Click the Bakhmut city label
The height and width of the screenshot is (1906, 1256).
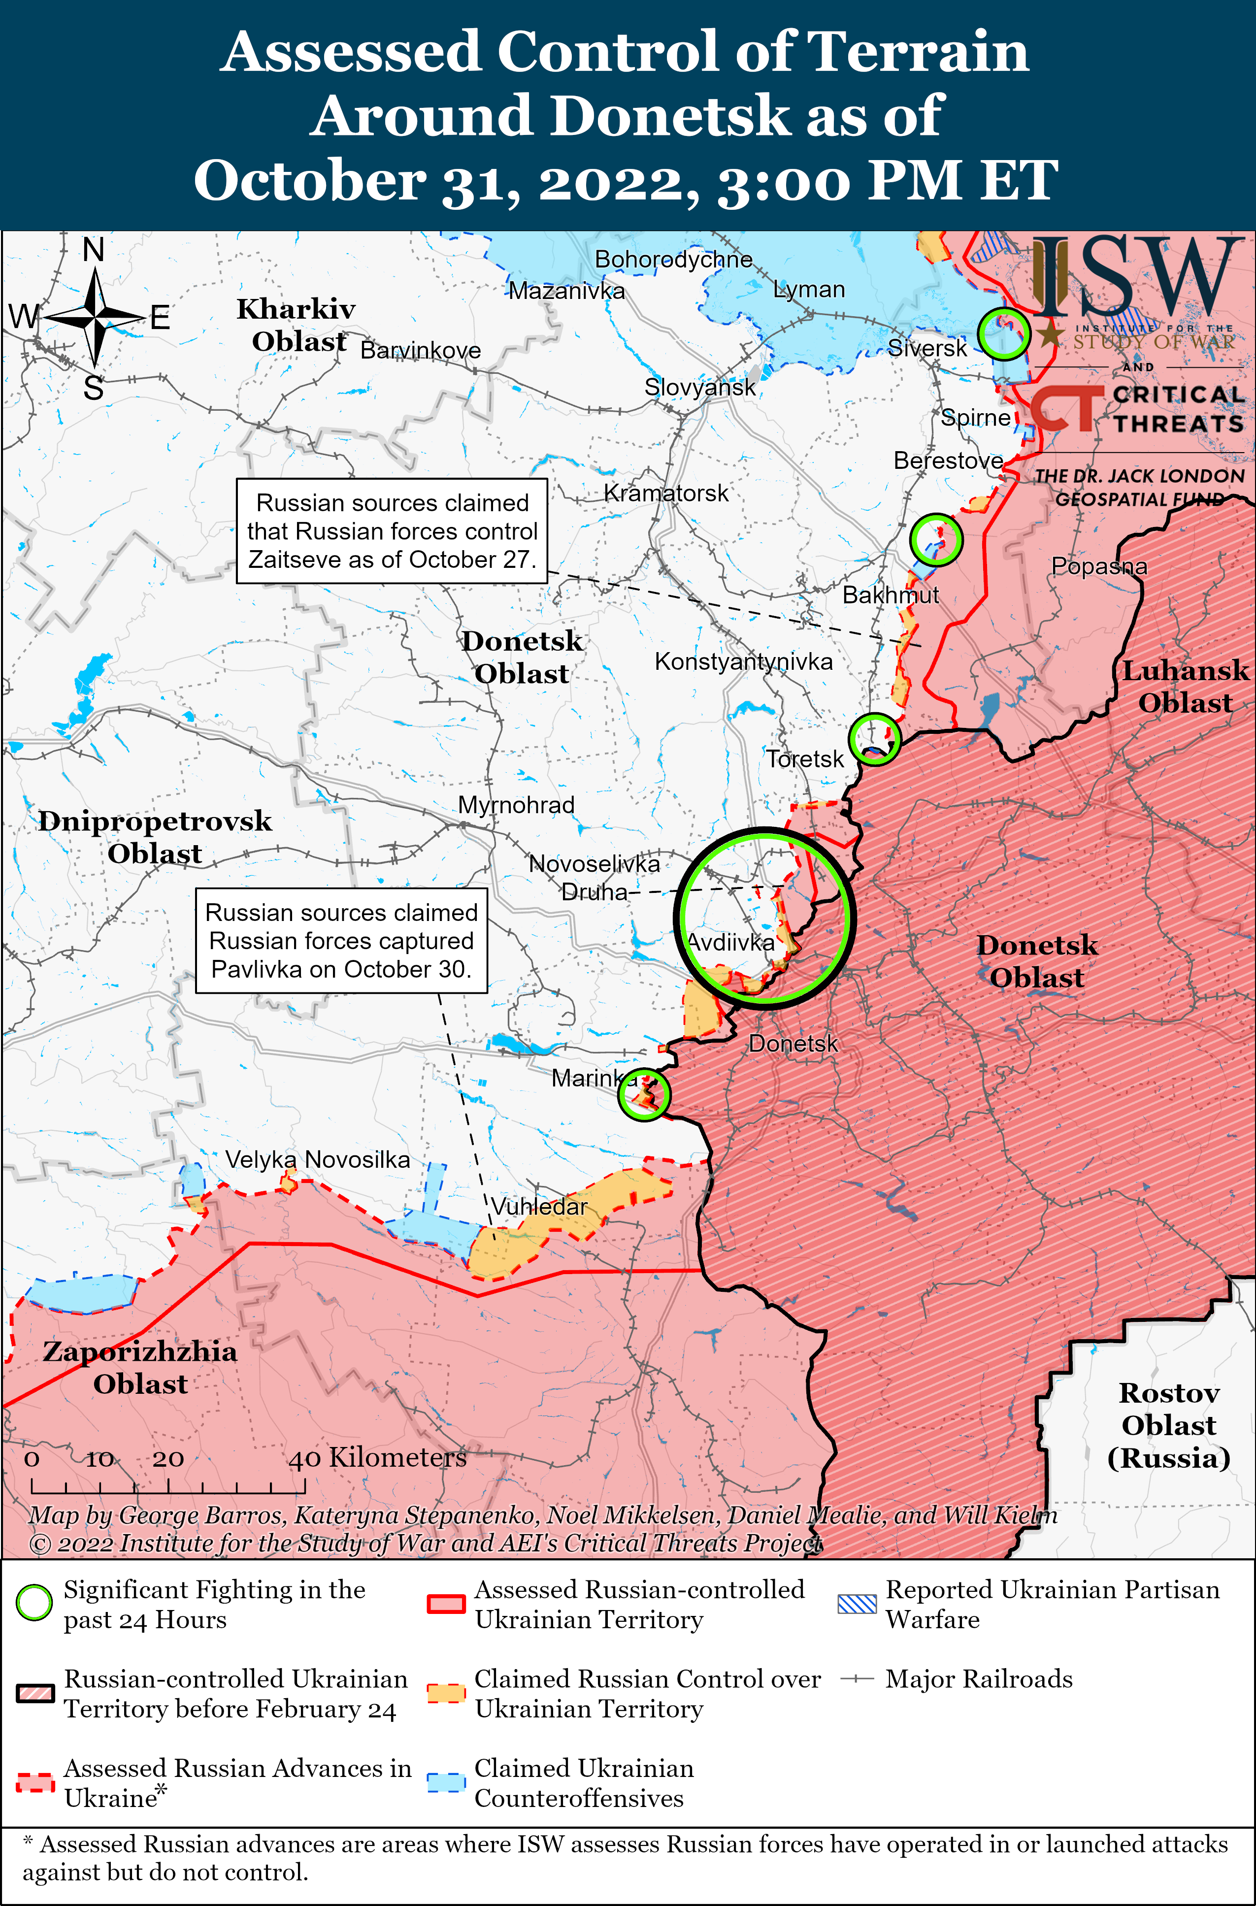pyautogui.click(x=890, y=595)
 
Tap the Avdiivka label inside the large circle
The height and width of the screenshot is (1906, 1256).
pyautogui.click(x=730, y=943)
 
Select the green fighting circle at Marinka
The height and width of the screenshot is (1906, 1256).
pyautogui.click(x=644, y=1094)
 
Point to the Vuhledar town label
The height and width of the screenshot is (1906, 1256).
pyautogui.click(x=539, y=1206)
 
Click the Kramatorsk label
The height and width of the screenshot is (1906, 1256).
pyautogui.click(x=665, y=493)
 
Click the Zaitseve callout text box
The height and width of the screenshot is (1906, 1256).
pyautogui.click(x=392, y=531)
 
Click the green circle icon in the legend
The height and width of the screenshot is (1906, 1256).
pyautogui.click(x=34, y=1603)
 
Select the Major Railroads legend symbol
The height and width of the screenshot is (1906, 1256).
pyautogui.click(x=856, y=1678)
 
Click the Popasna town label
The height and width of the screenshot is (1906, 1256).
pyautogui.click(x=1099, y=566)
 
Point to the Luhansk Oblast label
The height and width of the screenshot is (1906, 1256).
pyautogui.click(x=1185, y=687)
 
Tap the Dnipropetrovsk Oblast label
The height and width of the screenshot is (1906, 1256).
pyautogui.click(x=155, y=837)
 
